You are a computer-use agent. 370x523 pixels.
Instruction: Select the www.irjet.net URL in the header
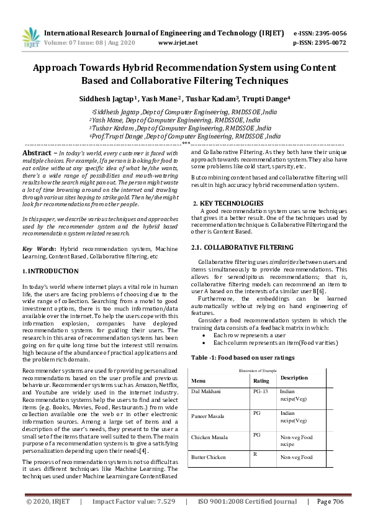[x=178, y=43]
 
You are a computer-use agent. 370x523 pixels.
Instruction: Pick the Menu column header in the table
[x=199, y=380]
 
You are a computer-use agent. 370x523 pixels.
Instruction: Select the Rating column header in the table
[x=261, y=380]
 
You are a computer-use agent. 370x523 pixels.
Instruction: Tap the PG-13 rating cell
[x=261, y=392]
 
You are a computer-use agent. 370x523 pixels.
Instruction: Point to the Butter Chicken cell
[x=210, y=457]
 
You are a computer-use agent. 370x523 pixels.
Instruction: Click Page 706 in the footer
[x=330, y=501]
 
